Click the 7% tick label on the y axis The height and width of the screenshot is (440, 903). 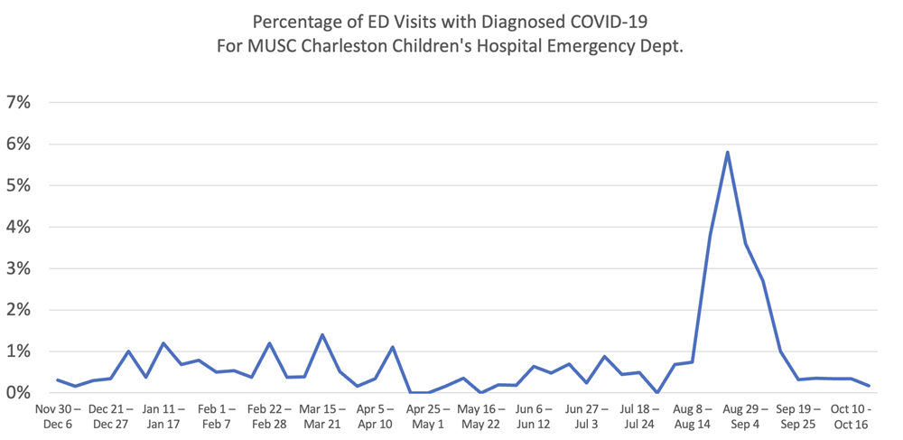pyautogui.click(x=18, y=102)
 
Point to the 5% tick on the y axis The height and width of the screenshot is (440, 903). pyautogui.click(x=18, y=185)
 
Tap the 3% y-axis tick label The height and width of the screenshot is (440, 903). pyautogui.click(x=18, y=268)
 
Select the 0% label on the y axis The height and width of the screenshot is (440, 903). pyautogui.click(x=18, y=393)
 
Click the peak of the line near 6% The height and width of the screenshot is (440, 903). pyautogui.click(x=727, y=152)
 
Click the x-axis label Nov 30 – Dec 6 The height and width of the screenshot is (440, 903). pyautogui.click(x=58, y=417)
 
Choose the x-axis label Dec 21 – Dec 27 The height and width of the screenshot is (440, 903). pyautogui.click(x=110, y=417)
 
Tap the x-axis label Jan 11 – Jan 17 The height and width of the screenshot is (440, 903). pyautogui.click(x=163, y=417)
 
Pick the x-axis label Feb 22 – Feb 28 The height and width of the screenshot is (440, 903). pyautogui.click(x=269, y=417)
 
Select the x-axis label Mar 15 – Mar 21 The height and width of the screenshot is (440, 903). pyautogui.click(x=321, y=417)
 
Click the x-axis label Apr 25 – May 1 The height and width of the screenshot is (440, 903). pyautogui.click(x=427, y=417)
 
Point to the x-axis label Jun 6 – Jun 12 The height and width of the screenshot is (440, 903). pyautogui.click(x=533, y=417)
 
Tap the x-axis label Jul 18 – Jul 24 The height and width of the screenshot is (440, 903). pyautogui.click(x=638, y=417)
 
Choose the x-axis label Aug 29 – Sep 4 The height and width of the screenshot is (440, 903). pyautogui.click(x=745, y=417)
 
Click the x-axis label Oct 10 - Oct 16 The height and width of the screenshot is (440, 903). pyautogui.click(x=851, y=417)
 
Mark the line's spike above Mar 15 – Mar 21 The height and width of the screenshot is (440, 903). pyautogui.click(x=322, y=335)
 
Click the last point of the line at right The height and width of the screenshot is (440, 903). pyautogui.click(x=869, y=386)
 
